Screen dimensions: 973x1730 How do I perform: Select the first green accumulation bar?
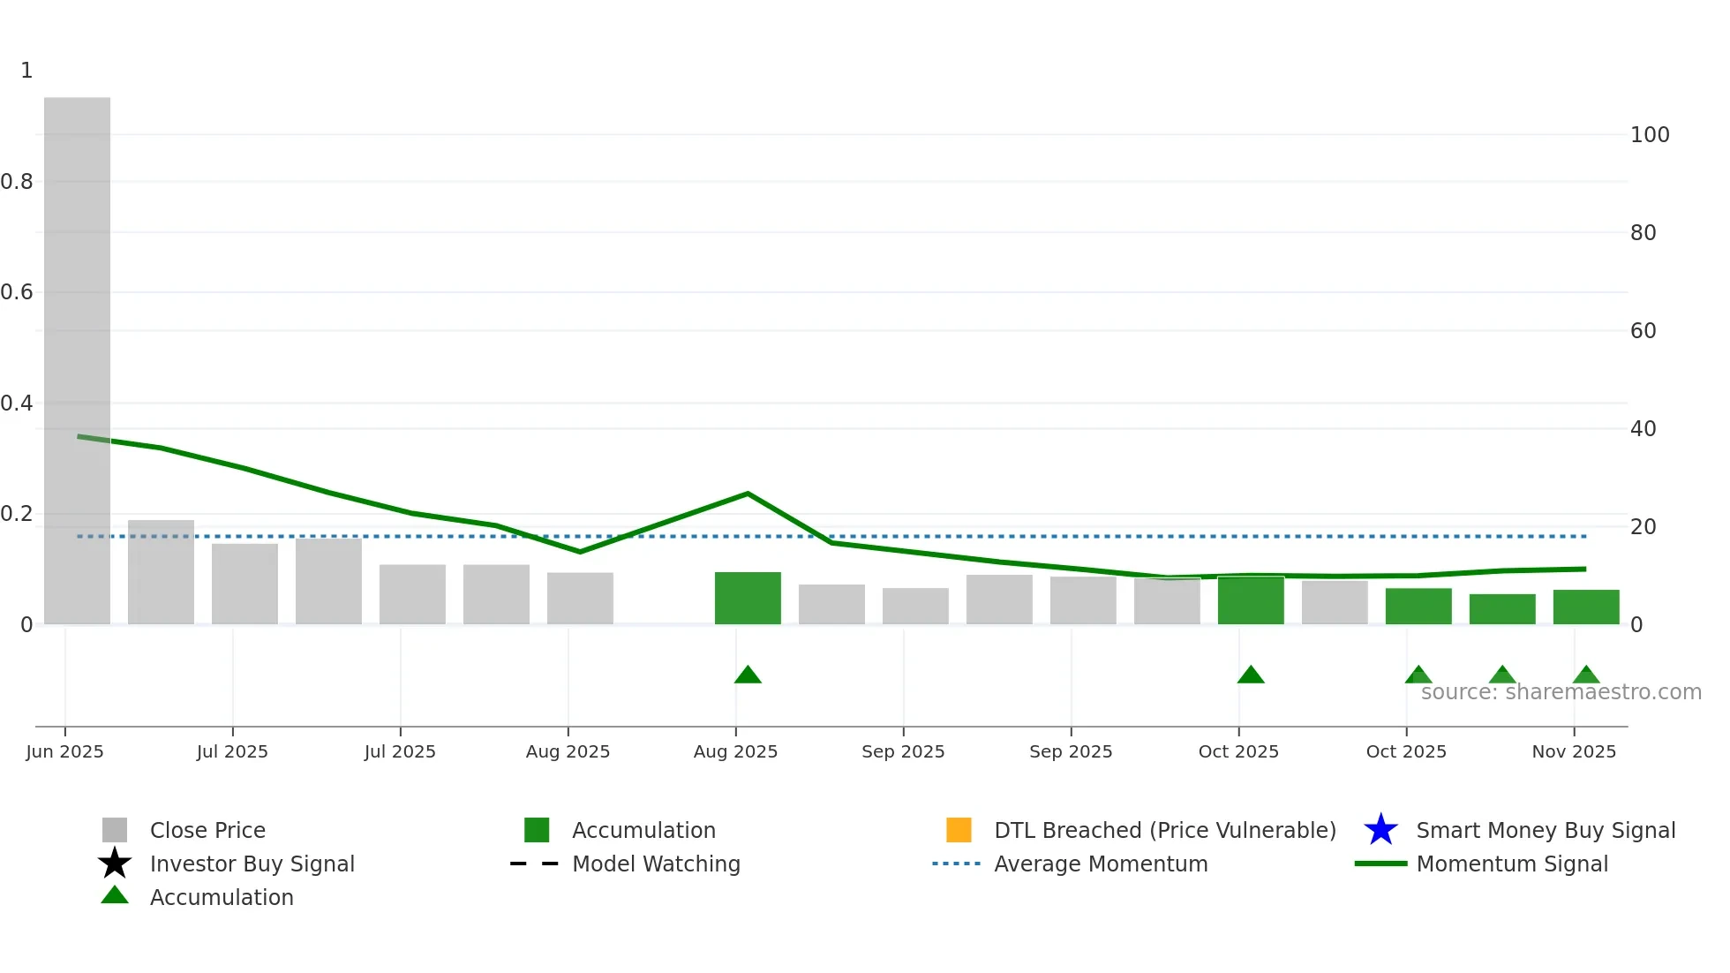748,599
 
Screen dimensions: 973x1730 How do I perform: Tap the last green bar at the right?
1585,607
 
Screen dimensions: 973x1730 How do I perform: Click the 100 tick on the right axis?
1649,135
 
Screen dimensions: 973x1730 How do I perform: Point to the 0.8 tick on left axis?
17,182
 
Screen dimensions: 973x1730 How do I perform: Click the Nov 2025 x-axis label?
1574,751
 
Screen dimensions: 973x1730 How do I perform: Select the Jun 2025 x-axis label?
64,751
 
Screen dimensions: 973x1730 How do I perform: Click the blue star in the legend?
1380,830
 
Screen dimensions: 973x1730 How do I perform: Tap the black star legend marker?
115,864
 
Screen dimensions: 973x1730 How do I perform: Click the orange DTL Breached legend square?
959,830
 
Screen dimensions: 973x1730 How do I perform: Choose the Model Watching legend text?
656,864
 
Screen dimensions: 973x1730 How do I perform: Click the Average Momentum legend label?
1101,864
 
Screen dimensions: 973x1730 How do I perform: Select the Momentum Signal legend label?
1512,864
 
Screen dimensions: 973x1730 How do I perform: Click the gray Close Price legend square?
115,830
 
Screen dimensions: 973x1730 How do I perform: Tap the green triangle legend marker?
115,895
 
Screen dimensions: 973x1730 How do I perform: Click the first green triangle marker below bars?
748,675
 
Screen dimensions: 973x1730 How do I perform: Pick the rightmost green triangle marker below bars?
1585,675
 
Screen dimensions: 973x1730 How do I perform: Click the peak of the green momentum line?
748,494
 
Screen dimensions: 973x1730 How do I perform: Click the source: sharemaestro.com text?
1561,692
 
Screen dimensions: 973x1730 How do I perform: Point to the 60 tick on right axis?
1643,331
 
